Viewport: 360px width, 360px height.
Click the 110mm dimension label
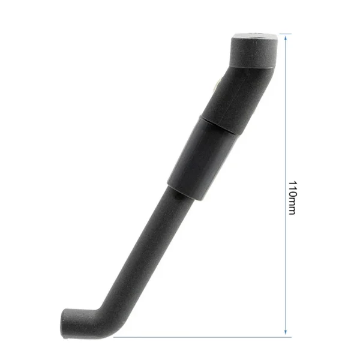click(293, 197)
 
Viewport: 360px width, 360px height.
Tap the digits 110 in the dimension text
click(293, 189)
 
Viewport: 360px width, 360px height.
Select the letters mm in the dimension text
click(292, 206)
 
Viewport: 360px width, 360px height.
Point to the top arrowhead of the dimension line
click(286, 37)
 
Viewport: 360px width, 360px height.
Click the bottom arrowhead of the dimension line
click(286, 332)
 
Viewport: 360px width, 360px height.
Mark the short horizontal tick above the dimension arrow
click(286, 34)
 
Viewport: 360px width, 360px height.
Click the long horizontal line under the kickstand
click(202, 337)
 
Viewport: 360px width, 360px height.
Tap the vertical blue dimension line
click(286, 185)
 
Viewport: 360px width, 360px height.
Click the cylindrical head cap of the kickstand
click(254, 51)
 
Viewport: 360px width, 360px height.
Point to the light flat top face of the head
click(256, 36)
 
